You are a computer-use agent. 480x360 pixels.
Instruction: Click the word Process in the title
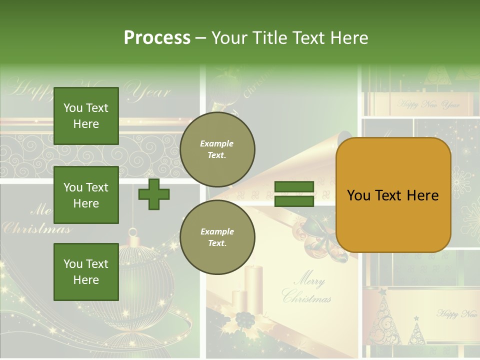pyautogui.click(x=157, y=38)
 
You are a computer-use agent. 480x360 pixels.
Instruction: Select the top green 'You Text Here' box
pyautogui.click(x=86, y=116)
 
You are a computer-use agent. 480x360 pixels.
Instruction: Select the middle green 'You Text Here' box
pyautogui.click(x=86, y=195)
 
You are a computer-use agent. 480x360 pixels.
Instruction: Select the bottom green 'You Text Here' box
pyautogui.click(x=86, y=272)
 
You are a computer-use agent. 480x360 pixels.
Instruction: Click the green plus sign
pyautogui.click(x=154, y=194)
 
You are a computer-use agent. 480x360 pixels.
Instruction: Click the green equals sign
pyautogui.click(x=294, y=194)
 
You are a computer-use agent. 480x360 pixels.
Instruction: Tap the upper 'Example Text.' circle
pyautogui.click(x=217, y=149)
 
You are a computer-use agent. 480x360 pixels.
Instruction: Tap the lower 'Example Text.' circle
pyautogui.click(x=217, y=237)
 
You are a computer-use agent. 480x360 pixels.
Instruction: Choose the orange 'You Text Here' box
pyautogui.click(x=393, y=195)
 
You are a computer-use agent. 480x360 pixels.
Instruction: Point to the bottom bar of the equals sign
pyautogui.click(x=294, y=201)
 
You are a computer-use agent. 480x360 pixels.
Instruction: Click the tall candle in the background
pyautogui.click(x=254, y=287)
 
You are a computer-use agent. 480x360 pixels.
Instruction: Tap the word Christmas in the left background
pyautogui.click(x=36, y=229)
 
